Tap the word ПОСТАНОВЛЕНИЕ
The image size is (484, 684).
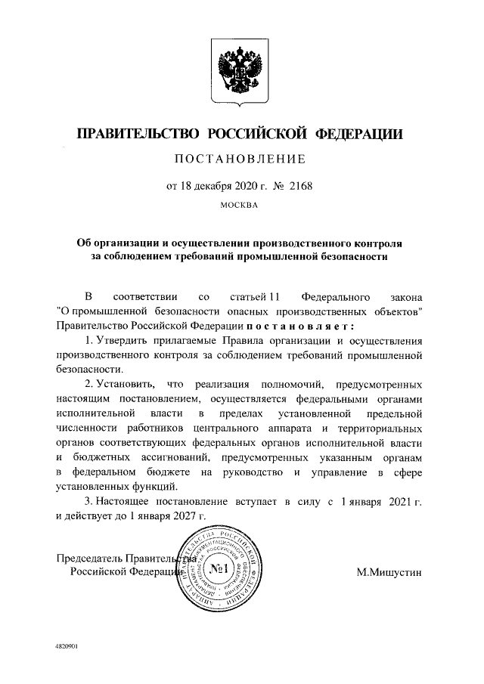pyautogui.click(x=240, y=159)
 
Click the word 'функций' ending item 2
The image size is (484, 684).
pyautogui.click(x=158, y=487)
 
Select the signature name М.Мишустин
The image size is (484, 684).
pyautogui.click(x=390, y=572)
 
